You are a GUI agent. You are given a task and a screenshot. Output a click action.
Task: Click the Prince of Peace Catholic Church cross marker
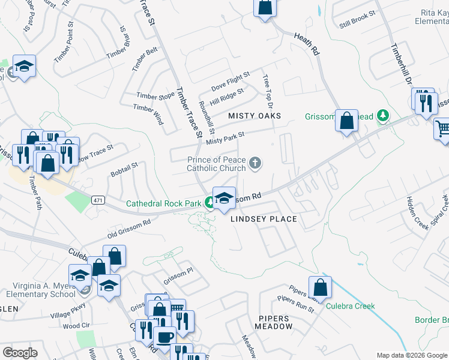[x=255, y=163]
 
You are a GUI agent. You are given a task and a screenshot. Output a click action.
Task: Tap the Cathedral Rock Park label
[x=163, y=203]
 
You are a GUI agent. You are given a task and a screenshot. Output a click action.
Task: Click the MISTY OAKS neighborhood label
[x=255, y=115]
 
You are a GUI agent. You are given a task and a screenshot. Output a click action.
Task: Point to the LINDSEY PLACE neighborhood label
[x=264, y=219]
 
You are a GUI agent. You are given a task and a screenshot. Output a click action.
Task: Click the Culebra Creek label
[x=351, y=306]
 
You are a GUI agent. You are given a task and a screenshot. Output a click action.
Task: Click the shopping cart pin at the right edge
[x=442, y=128]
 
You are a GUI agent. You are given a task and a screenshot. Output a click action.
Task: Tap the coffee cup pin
[x=164, y=336]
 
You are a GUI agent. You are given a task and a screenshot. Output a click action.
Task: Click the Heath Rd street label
[x=306, y=44]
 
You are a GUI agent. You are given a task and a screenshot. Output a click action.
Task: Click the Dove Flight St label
[x=230, y=77]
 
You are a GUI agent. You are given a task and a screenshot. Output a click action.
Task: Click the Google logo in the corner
[x=19, y=353]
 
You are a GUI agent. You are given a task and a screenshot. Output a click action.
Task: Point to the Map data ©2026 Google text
[x=411, y=355]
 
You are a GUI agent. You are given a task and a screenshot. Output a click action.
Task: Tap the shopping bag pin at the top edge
[x=264, y=8]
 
